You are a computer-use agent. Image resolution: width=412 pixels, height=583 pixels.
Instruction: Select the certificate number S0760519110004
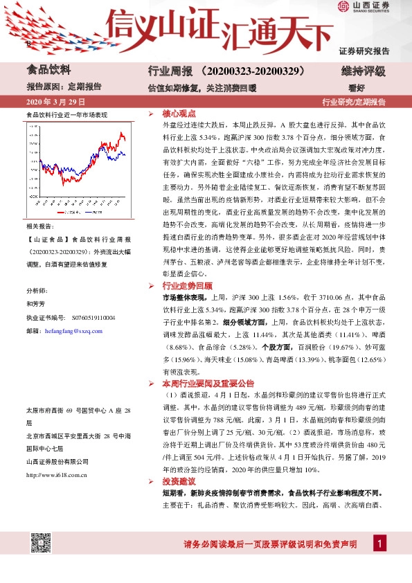(x=90, y=318)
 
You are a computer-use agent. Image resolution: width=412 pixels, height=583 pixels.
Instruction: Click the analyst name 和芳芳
(x=35, y=303)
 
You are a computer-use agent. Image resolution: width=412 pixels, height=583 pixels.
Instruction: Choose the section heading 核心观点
(x=179, y=112)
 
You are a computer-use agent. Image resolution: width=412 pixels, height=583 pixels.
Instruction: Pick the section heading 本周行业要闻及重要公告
(x=208, y=383)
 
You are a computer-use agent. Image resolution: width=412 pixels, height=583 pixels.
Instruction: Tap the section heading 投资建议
(x=179, y=481)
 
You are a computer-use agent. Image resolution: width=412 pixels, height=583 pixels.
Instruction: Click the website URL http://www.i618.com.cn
(x=55, y=475)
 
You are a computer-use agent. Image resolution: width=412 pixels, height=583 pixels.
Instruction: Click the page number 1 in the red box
(x=379, y=544)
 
